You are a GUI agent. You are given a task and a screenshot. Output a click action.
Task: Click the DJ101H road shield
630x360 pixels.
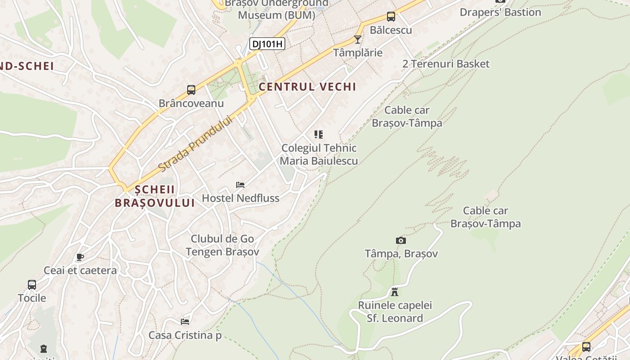[267, 44]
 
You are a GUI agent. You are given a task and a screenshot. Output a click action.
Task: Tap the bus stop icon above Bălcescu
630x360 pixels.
[391, 17]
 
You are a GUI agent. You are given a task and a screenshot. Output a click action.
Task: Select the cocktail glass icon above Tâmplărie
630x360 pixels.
[358, 40]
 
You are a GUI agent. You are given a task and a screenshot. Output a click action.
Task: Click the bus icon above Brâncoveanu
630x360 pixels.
[191, 90]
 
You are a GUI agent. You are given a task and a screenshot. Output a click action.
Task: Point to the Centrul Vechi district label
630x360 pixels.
[307, 87]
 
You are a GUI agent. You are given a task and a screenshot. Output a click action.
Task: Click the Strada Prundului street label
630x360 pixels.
[196, 144]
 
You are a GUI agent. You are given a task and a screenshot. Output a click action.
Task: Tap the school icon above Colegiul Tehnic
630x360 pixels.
[319, 134]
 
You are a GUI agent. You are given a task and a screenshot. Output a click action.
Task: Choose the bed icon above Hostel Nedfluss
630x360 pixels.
[240, 184]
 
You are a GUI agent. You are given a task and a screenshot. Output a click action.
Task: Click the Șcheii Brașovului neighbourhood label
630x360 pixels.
[155, 196]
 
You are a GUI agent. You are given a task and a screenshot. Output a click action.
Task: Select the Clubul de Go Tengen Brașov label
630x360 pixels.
[222, 245]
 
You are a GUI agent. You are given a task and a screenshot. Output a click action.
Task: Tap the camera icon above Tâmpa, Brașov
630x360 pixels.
[400, 240]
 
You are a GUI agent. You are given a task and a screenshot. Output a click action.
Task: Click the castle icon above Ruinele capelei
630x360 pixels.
[395, 292]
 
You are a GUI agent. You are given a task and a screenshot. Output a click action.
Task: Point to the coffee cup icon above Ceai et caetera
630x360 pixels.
[80, 257]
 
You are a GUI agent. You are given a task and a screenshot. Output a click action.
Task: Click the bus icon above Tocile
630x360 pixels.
[31, 284]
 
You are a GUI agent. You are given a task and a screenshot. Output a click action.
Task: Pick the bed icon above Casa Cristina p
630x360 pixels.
[185, 321]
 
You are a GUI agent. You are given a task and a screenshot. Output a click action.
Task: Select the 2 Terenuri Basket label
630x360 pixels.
[445, 64]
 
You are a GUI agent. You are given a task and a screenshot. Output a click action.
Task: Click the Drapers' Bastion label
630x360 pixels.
[500, 12]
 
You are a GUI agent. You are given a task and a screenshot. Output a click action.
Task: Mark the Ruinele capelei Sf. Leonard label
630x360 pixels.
[395, 312]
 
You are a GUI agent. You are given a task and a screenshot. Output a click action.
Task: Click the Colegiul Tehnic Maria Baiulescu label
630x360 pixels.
[319, 154]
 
